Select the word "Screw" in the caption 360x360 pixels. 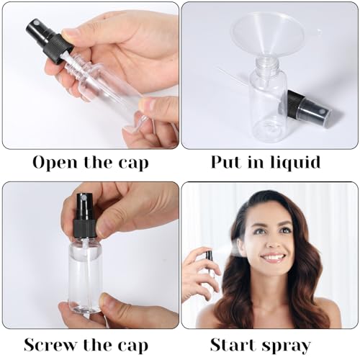pyautogui.click(x=51, y=345)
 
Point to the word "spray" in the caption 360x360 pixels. pyautogui.click(x=287, y=346)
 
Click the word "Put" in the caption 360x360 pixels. pyautogui.click(x=226, y=162)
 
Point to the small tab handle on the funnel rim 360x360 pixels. pyautogui.click(x=318, y=31)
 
